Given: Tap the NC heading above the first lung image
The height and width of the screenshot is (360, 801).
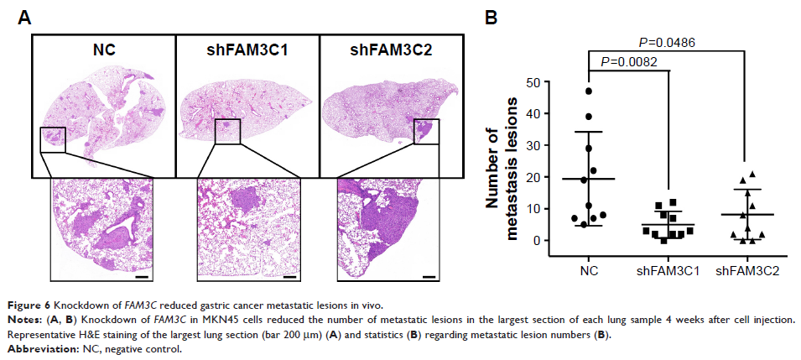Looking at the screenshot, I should click(103, 50).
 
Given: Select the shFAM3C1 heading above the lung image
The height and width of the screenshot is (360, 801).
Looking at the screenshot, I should click(247, 50).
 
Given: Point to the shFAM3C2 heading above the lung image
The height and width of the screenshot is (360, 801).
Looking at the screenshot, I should click(391, 50).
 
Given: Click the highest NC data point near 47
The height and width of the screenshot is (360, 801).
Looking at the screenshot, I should click(588, 91).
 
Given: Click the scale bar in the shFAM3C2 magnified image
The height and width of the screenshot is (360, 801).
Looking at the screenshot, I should click(429, 274).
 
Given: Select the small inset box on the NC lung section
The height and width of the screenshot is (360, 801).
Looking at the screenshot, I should click(52, 139).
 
